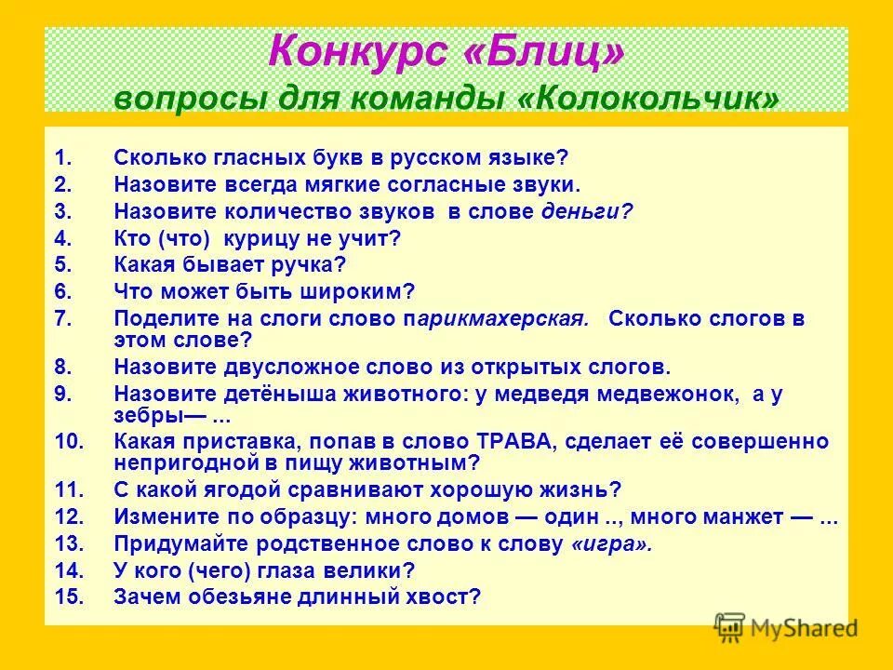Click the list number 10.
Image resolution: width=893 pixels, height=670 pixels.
(x=70, y=441)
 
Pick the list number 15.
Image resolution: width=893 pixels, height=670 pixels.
(x=70, y=596)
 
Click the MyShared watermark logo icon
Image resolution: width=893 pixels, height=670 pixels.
(x=730, y=626)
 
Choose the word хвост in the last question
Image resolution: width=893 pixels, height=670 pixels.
(x=444, y=596)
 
